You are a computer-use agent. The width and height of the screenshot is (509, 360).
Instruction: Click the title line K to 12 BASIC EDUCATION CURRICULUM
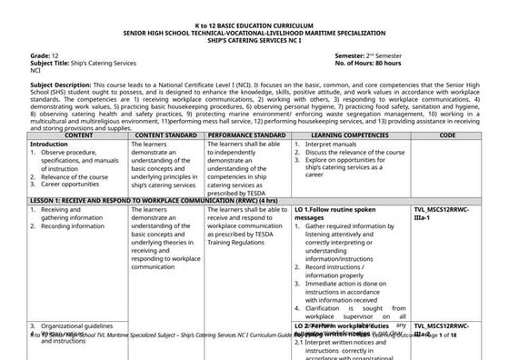tap(254, 19)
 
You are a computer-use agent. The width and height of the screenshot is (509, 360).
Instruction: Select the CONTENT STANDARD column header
tap(166, 135)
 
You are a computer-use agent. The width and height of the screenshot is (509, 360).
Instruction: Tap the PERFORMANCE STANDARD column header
tap(246, 135)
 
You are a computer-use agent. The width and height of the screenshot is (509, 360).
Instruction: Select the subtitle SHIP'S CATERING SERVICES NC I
tap(254, 35)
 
